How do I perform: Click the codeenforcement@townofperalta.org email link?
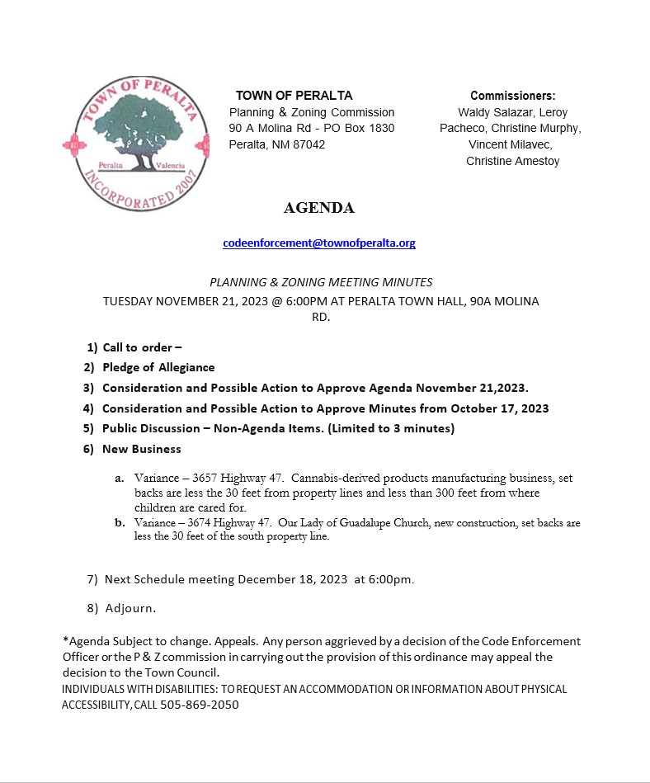(319, 243)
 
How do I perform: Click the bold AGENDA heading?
(319, 208)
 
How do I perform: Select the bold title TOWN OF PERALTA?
(294, 96)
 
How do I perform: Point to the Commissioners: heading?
(512, 96)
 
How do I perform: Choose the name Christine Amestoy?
(512, 161)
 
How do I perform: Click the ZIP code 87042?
(306, 144)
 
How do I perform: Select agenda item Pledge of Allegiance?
(158, 367)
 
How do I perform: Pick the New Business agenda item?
(141, 449)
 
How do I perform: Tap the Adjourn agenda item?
(130, 608)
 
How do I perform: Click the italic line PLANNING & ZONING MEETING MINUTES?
(321, 282)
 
